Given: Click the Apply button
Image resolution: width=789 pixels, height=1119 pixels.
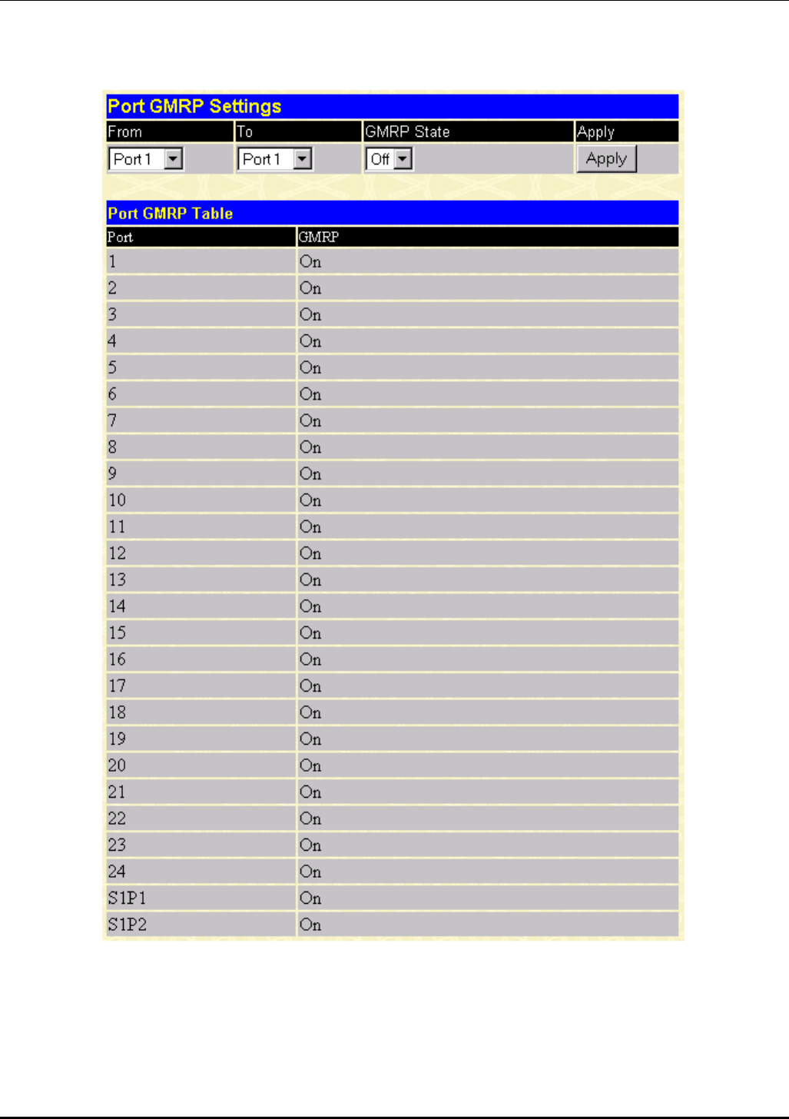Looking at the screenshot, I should click(606, 159).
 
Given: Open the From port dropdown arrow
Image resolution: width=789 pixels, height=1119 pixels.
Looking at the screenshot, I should click(174, 159).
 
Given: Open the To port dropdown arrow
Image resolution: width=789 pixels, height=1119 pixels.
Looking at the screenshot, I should click(303, 159).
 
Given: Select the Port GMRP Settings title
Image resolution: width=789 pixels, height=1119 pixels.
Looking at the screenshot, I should click(194, 106).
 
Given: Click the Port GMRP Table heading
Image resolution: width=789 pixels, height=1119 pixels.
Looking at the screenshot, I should click(170, 214).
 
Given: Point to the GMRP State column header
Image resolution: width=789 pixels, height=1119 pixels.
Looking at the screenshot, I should click(407, 131).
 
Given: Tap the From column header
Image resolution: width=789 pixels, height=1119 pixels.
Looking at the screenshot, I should click(124, 131).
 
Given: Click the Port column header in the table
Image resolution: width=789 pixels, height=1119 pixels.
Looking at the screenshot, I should click(120, 237).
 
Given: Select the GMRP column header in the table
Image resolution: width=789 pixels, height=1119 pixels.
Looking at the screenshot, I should click(318, 237).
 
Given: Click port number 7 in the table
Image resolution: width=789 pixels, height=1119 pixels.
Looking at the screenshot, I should click(112, 420).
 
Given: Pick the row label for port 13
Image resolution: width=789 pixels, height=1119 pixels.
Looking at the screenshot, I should click(117, 579).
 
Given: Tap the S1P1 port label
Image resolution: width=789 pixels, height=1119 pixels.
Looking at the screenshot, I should click(127, 898).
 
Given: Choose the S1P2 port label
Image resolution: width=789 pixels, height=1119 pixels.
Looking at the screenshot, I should click(127, 925).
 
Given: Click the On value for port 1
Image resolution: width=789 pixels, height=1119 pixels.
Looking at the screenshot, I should click(310, 262).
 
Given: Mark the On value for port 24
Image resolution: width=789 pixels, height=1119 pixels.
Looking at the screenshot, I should click(310, 872).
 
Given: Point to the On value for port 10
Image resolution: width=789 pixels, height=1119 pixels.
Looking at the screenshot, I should click(310, 500).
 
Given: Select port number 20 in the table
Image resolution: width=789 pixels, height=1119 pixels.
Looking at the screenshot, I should click(117, 765).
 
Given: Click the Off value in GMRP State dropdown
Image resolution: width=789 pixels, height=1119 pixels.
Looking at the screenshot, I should click(380, 159).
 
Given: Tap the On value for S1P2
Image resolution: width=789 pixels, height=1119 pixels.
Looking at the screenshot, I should click(310, 925).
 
